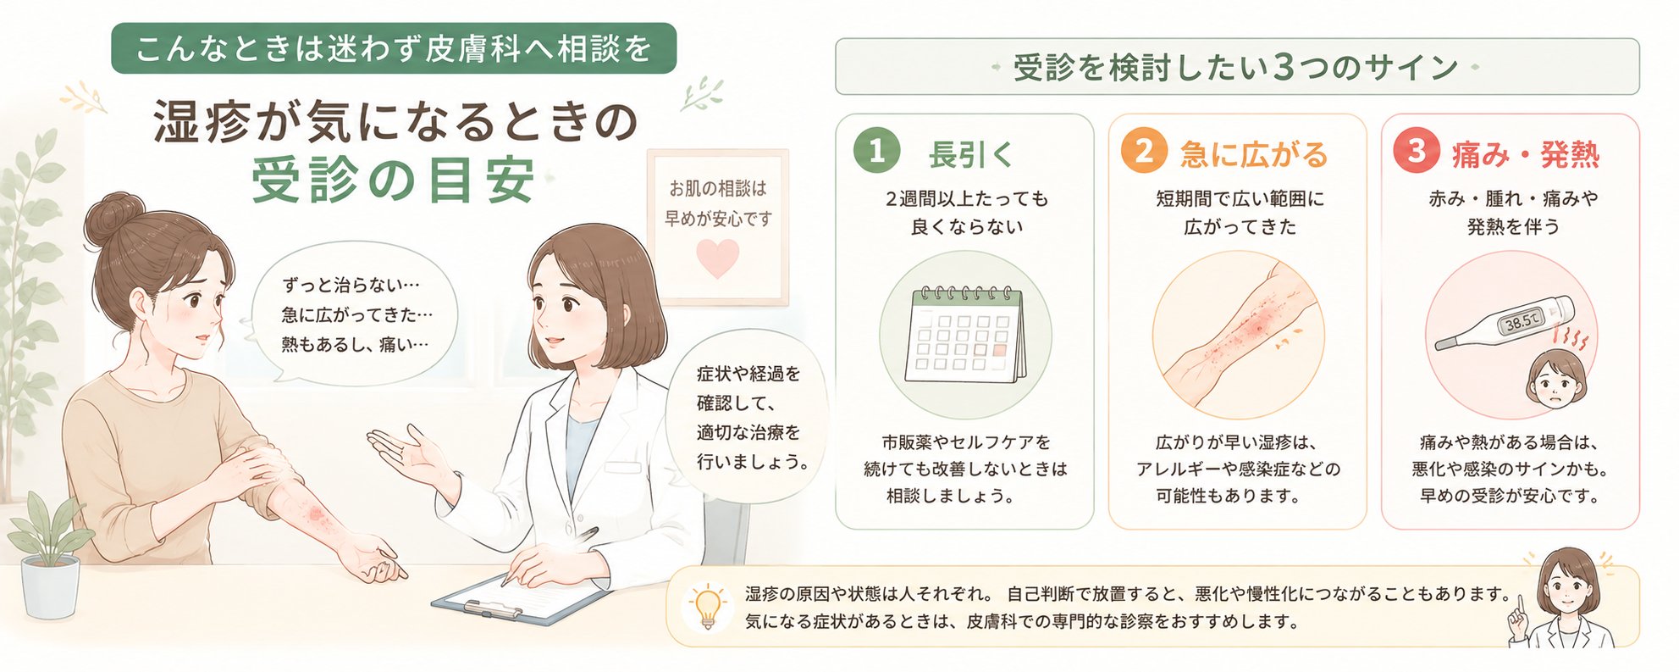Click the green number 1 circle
tap(876, 151)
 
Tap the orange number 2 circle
tap(1144, 151)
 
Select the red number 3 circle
tap(1417, 151)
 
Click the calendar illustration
tap(965, 334)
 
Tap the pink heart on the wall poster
tap(717, 258)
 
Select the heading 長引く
tap(970, 155)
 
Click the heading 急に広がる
tap(1254, 155)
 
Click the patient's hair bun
tap(114, 219)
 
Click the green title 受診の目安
tap(394, 180)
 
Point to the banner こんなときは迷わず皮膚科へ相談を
tap(394, 48)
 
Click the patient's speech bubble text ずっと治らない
tap(351, 285)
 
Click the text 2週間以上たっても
tap(967, 199)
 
